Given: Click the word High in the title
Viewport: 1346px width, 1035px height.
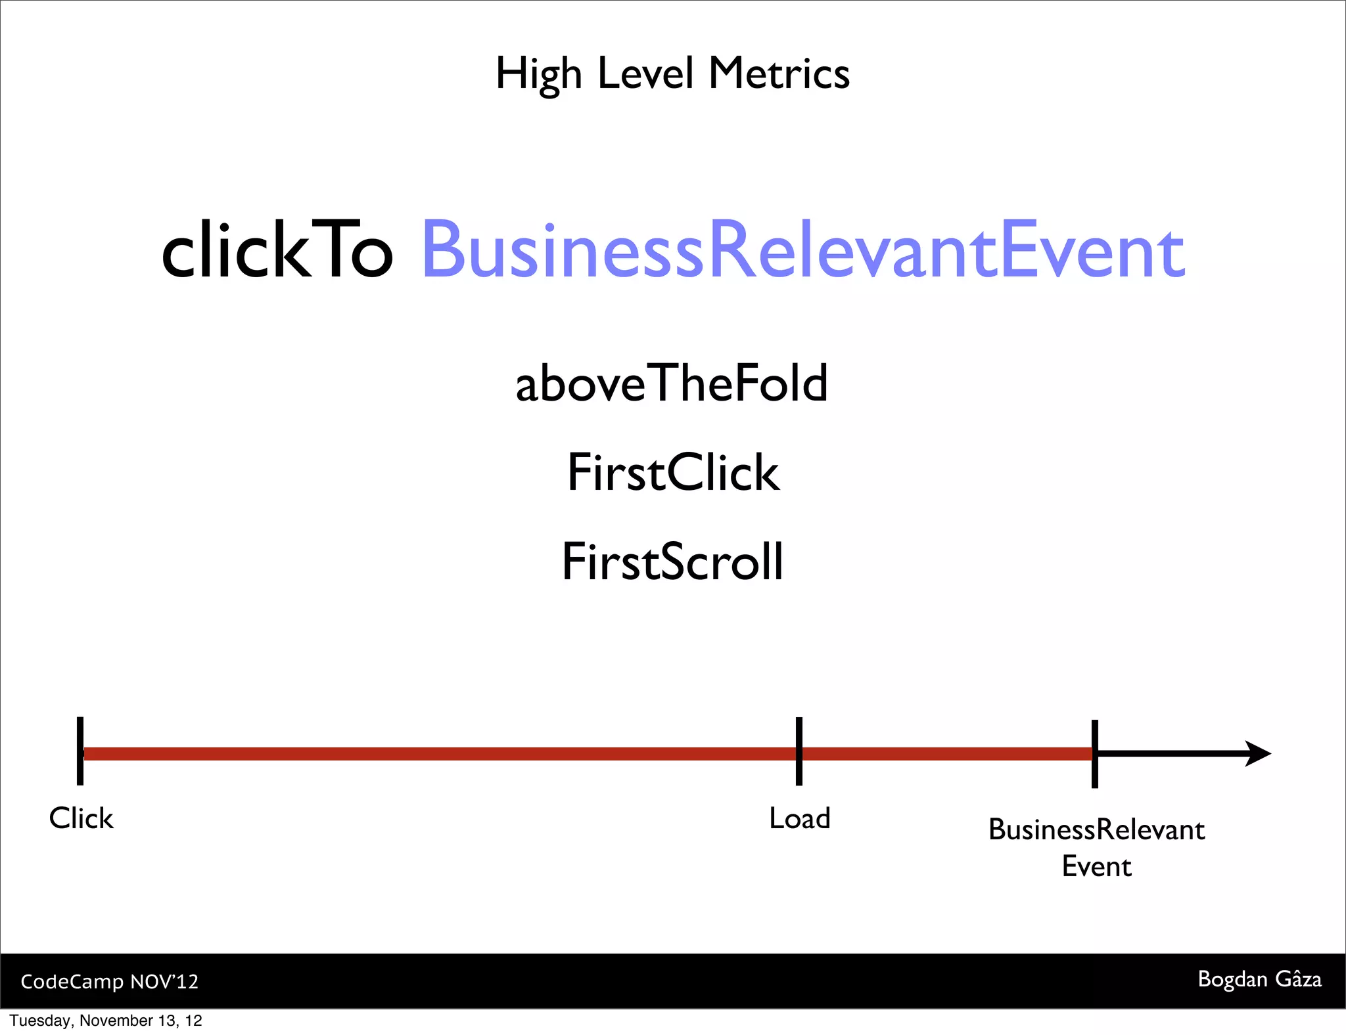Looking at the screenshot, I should (538, 74).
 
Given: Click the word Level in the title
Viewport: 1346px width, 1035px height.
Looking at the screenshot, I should (645, 73).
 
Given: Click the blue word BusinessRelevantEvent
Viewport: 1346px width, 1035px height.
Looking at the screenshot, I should (803, 250).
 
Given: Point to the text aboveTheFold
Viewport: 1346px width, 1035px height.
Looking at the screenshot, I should (671, 384).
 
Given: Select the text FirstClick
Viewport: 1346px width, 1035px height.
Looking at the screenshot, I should (673, 472).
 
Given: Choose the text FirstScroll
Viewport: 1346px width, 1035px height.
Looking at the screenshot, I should (672, 562).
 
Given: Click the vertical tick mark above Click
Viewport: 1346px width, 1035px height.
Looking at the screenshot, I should (80, 751).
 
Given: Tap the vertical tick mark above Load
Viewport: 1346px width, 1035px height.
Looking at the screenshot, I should (799, 751).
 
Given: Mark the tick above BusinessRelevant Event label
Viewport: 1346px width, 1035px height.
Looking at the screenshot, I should (1095, 753).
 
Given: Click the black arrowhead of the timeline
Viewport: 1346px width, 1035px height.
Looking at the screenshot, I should (1258, 753).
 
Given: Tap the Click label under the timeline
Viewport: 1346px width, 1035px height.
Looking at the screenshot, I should (81, 818).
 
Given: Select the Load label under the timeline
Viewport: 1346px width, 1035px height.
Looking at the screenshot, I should (800, 818).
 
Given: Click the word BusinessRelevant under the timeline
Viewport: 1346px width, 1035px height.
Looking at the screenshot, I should (1096, 830).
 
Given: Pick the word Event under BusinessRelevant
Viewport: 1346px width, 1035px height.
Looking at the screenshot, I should (1096, 866).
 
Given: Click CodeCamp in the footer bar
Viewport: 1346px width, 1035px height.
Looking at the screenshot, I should (72, 981).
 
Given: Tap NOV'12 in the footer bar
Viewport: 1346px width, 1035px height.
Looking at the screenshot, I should (164, 981).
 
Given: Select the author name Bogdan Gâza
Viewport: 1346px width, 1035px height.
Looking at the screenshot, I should (1259, 979).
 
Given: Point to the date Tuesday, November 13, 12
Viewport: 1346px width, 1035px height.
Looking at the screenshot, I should (106, 1021).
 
